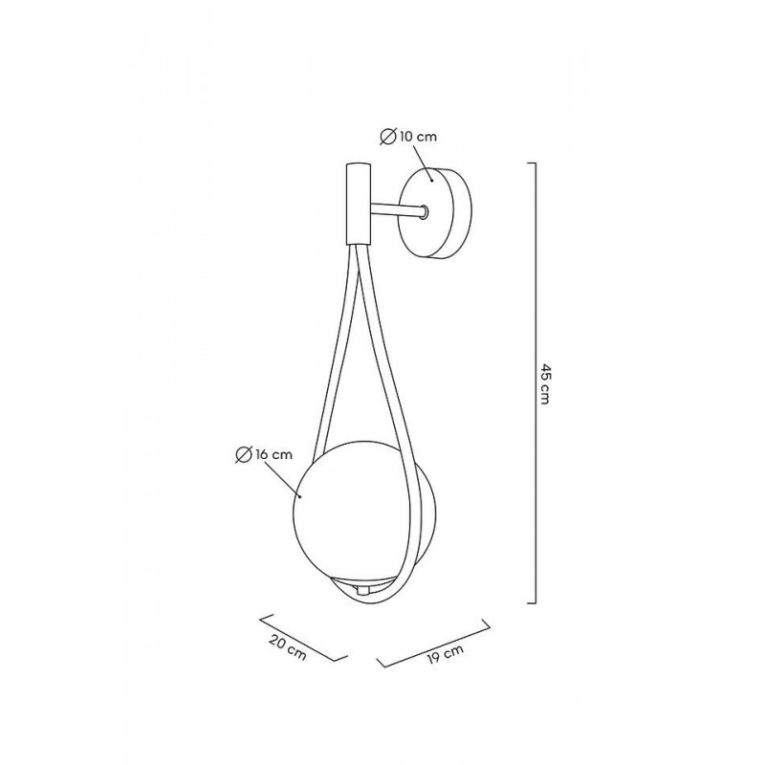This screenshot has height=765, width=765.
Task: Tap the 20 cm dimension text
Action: [x=288, y=648]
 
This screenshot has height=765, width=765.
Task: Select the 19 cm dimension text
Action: [x=445, y=653]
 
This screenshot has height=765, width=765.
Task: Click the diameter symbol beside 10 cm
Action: [x=387, y=137]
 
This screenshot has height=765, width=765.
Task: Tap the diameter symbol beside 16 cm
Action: [x=243, y=455]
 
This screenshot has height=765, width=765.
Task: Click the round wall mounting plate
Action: [x=435, y=212]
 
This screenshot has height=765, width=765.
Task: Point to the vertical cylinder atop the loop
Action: [x=358, y=204]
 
